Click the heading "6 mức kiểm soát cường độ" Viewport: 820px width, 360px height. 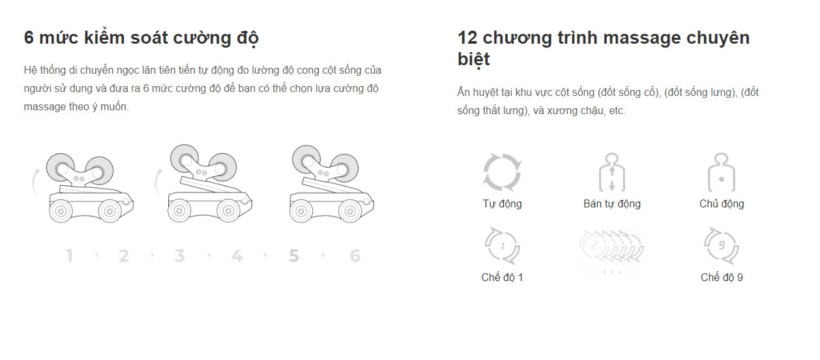pos(141,38)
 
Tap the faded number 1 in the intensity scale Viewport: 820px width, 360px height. pos(69,256)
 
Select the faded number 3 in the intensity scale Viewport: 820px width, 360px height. pos(179,256)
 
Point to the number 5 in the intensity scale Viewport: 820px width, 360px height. pos(293,256)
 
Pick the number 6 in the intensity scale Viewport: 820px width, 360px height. pos(355,256)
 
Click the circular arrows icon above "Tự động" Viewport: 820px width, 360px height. pos(502,172)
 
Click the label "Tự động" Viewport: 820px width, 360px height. pos(502,203)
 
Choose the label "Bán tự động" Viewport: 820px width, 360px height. pos(611,203)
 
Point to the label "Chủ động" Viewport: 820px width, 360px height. pos(722,203)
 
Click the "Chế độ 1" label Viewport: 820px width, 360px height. pos(502,277)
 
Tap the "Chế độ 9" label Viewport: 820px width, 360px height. pos(722,277)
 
